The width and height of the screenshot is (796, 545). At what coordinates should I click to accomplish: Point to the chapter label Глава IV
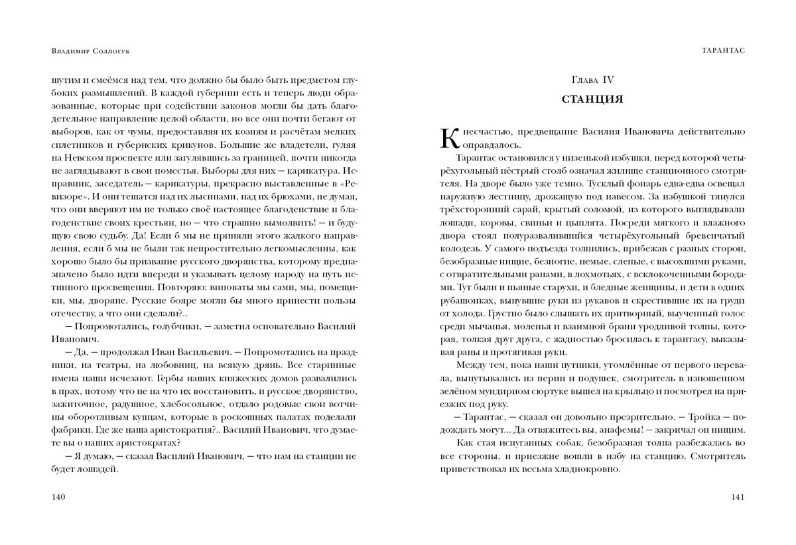pyautogui.click(x=592, y=80)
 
